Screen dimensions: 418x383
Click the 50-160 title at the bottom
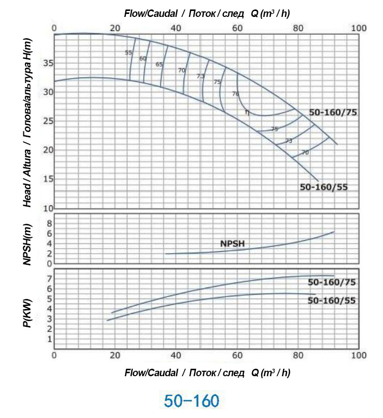191,400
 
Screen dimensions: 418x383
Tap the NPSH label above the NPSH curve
233,244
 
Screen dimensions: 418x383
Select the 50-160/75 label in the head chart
333,112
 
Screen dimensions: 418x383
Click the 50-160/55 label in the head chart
323,187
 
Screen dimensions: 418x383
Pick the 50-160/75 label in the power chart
332,282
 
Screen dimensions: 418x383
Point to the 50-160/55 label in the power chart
332,301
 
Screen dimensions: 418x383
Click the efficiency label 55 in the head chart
128,52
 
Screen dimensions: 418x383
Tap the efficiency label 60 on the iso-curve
143,58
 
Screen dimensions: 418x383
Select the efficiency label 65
159,64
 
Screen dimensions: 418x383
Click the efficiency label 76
235,94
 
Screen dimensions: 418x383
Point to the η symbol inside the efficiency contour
246,112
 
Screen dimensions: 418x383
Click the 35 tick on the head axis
47,63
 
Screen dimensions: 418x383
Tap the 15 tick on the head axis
47,179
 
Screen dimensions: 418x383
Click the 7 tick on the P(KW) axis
49,279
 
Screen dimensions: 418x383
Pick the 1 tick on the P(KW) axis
49,339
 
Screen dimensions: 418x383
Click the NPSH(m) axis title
28,244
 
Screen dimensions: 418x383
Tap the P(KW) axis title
28,312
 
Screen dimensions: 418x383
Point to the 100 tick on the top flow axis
359,28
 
